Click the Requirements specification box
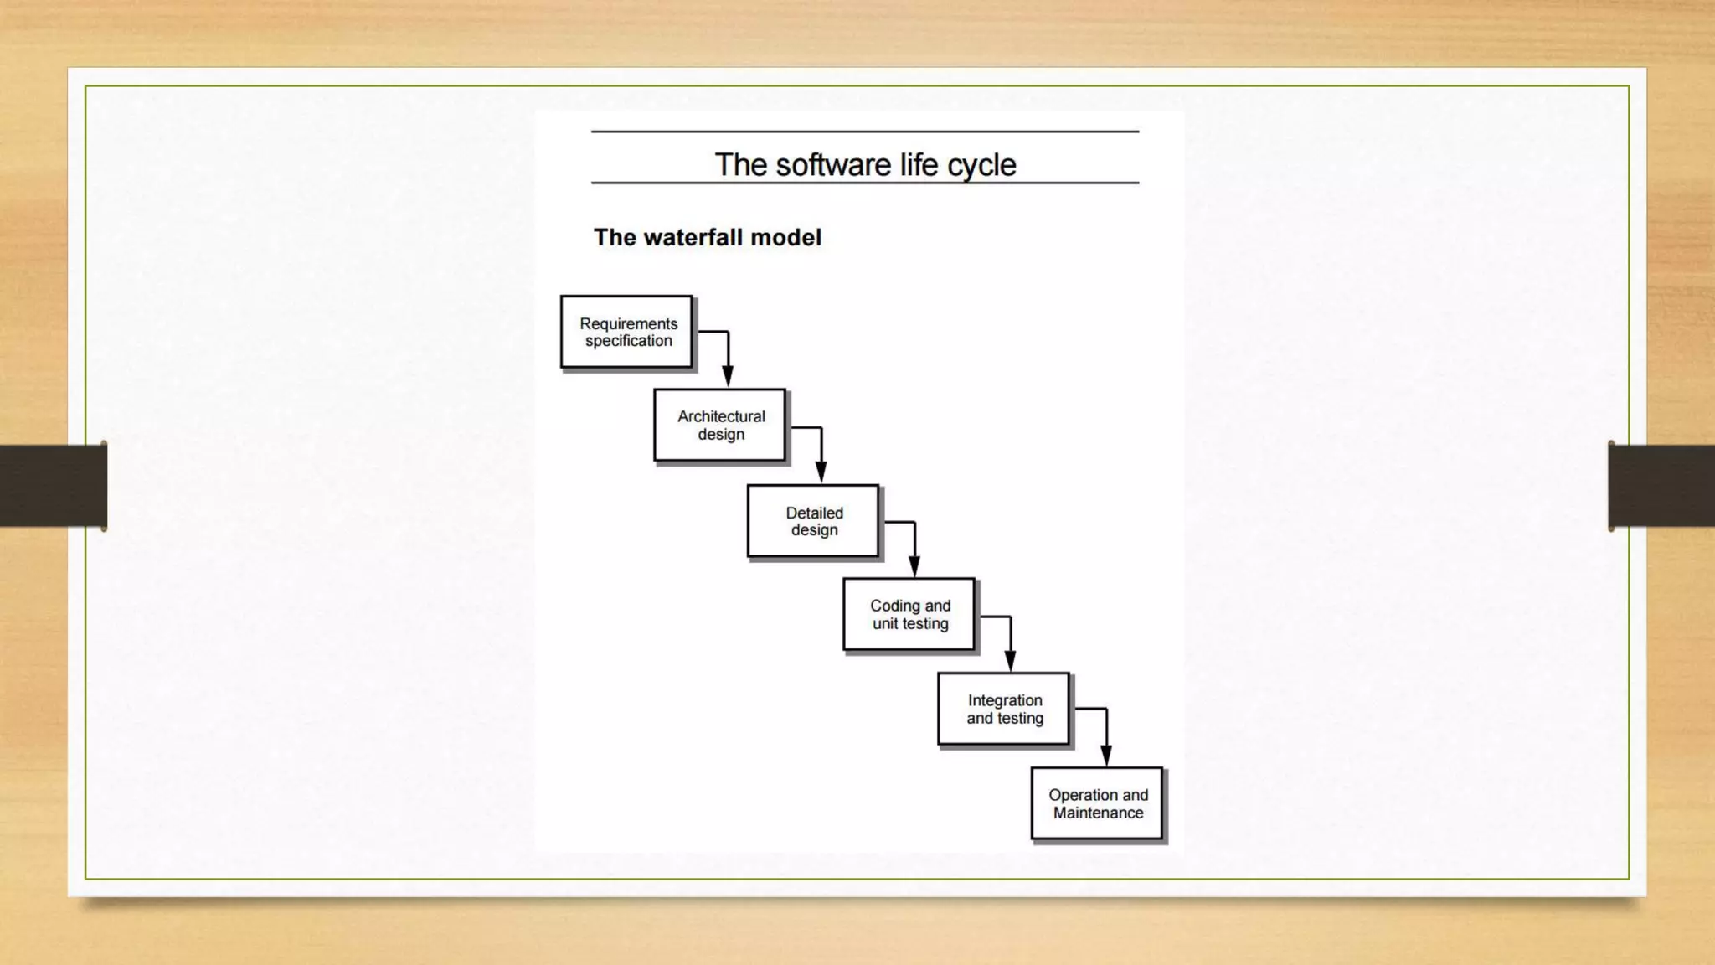point(626,332)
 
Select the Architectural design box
point(720,425)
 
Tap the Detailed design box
point(813,521)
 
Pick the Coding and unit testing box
point(909,614)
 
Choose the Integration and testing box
point(1004,709)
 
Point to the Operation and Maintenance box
point(1097,803)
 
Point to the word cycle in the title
point(981,166)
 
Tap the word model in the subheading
point(785,238)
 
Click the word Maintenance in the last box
point(1098,813)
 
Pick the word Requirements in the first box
point(628,323)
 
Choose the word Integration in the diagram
point(1005,700)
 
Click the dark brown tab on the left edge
point(53,486)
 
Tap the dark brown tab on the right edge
point(1661,486)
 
